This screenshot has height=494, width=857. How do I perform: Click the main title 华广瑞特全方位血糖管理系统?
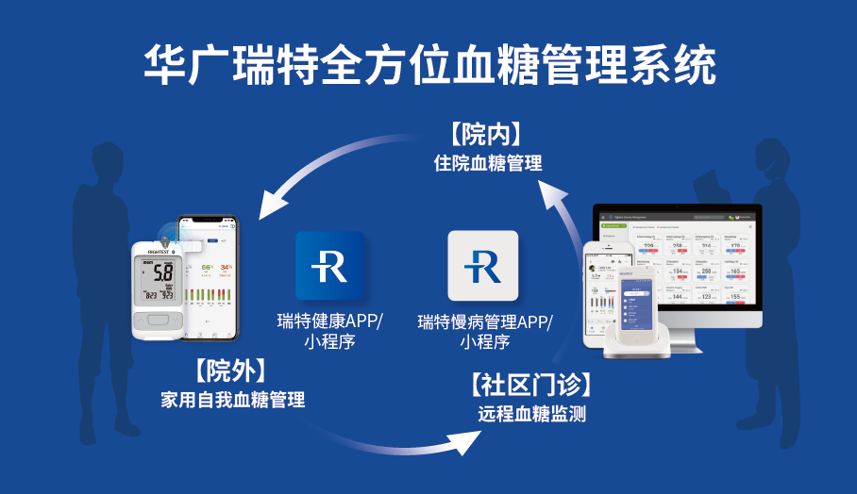tap(428, 65)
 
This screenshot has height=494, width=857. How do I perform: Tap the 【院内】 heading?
tap(487, 133)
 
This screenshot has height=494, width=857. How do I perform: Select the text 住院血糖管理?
tap(487, 162)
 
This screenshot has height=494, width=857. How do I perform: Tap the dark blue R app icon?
tap(330, 267)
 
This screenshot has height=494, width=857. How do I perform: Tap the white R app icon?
tap(482, 267)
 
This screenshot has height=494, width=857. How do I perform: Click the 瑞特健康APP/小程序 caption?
tap(330, 331)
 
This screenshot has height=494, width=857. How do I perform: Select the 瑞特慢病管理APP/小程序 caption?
tap(485, 331)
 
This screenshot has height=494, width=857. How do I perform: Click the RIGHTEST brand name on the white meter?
tap(151, 249)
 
